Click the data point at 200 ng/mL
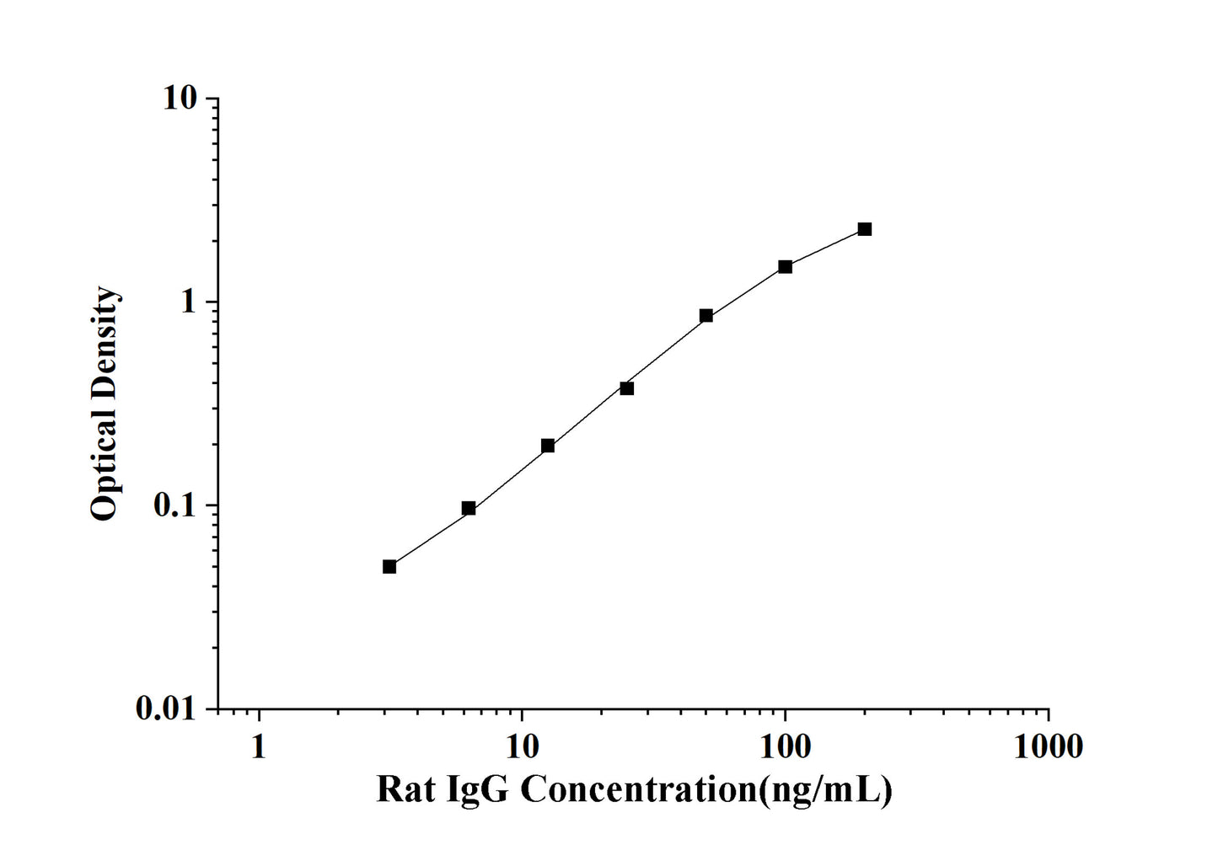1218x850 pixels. [864, 229]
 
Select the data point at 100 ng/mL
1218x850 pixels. [785, 267]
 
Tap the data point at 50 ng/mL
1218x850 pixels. [706, 316]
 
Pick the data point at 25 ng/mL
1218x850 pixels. [626, 388]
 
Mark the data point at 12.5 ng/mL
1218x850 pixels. [548, 446]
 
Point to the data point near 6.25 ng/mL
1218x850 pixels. [469, 508]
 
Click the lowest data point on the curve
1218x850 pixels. [389, 567]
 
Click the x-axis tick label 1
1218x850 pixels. [258, 746]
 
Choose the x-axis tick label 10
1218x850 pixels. [522, 746]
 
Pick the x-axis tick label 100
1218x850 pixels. [785, 746]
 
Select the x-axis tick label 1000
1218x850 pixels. [1048, 746]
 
